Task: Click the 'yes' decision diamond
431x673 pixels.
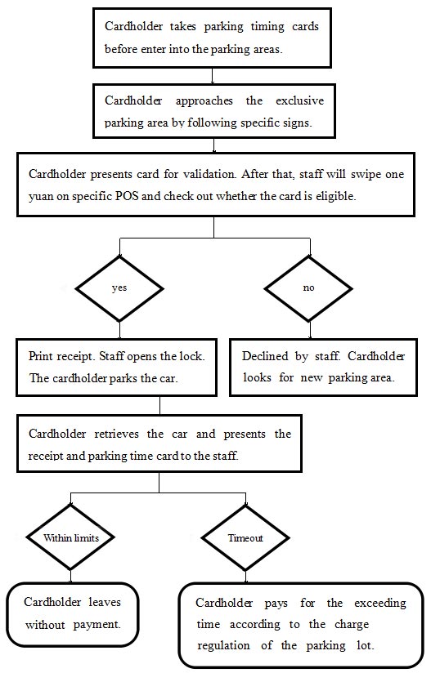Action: tap(119, 288)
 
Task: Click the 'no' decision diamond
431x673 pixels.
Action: tap(308, 288)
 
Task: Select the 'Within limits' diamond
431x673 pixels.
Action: tap(70, 537)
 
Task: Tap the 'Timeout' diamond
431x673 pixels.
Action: tap(245, 537)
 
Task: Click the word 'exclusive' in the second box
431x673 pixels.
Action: tap(299, 100)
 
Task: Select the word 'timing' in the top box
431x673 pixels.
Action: tap(267, 27)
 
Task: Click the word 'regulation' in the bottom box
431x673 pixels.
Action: tap(223, 645)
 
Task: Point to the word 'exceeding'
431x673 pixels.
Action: tap(379, 603)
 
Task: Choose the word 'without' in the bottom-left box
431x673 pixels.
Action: tap(45, 625)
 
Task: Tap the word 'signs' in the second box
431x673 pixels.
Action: tap(297, 123)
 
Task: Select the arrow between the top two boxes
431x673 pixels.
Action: tap(213, 75)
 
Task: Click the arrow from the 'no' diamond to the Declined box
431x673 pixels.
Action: tap(310, 330)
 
